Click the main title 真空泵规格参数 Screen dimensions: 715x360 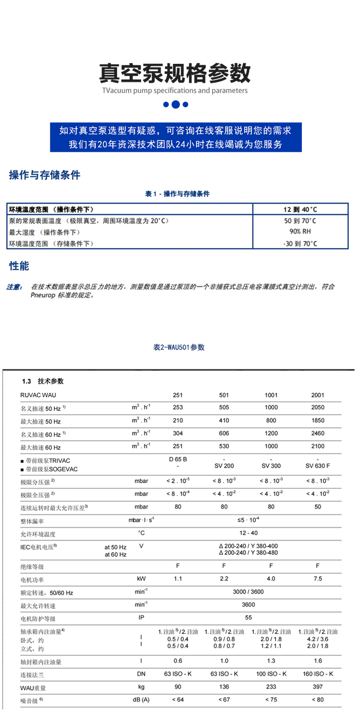pos(175,73)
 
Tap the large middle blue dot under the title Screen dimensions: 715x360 pos(176,104)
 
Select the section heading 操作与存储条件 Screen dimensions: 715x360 pos(45,175)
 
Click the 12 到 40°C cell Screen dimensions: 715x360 pos(300,209)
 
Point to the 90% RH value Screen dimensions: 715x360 pos(300,232)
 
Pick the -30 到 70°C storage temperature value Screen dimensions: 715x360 pos(300,243)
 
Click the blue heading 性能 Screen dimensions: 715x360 pos(19,266)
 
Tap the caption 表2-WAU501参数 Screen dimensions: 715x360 pos(179,347)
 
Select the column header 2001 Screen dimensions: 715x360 pos(317,395)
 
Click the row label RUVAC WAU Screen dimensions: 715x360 pos(38,395)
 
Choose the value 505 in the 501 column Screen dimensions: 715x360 pos(224,407)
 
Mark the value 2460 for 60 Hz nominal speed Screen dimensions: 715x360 pos(317,434)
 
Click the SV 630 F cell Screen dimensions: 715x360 pos(317,466)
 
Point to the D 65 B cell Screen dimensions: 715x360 pos(178,459)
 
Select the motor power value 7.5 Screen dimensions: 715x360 pos(317,579)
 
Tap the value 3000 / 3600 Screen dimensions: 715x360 pos(248,592)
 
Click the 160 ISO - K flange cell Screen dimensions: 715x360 pos(317,674)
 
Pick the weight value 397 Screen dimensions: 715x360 pos(317,687)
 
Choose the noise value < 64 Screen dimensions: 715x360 pos(178,700)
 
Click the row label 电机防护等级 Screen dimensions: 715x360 pos(38,618)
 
